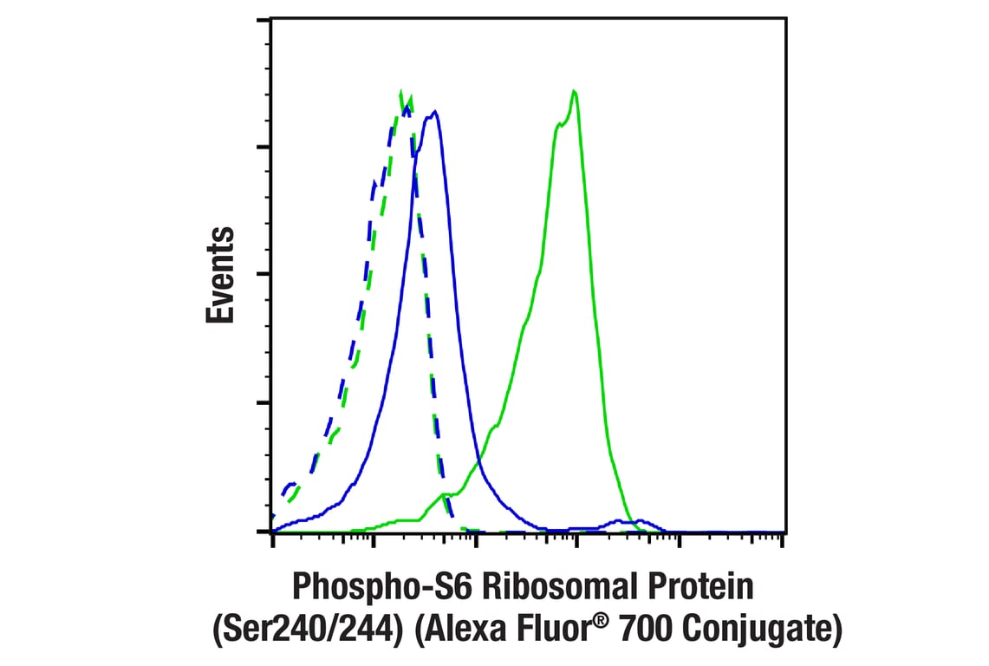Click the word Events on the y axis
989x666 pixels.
tap(221, 275)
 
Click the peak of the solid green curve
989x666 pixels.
tap(574, 91)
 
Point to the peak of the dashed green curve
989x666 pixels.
tap(400, 91)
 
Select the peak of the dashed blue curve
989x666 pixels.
tap(406, 106)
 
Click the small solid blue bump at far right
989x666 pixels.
tap(640, 521)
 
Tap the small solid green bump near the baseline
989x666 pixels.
tap(445, 495)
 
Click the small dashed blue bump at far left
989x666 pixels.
tap(291, 484)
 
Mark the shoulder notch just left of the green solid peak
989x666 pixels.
tap(559, 124)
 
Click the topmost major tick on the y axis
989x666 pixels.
tap(266, 20)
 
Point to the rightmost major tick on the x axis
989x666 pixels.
tap(782, 541)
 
